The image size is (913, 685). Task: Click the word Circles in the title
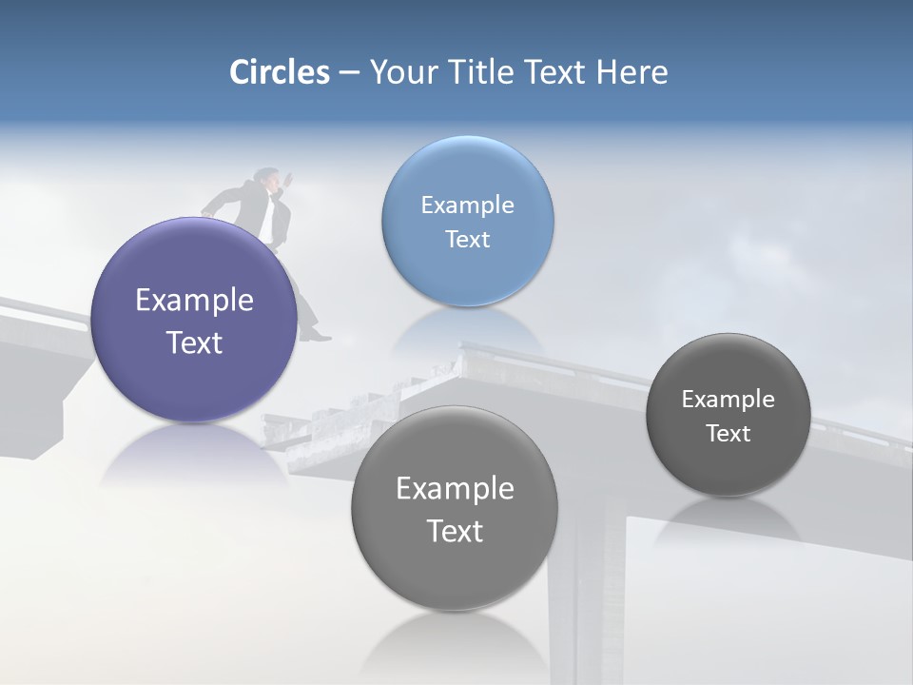coord(279,72)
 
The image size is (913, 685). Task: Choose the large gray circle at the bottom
coord(455,571)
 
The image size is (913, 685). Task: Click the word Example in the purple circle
coord(194,301)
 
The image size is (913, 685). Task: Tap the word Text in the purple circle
coord(194,342)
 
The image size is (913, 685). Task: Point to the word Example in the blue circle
coord(467,205)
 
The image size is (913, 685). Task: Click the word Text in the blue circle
coord(467,239)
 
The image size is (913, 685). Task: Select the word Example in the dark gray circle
coord(728,399)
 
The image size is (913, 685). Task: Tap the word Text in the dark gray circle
coord(728,433)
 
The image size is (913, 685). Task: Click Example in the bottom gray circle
coord(455,488)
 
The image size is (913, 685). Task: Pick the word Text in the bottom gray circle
coord(455,530)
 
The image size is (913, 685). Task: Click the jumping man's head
coord(267,177)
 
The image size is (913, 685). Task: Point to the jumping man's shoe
coord(317,334)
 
